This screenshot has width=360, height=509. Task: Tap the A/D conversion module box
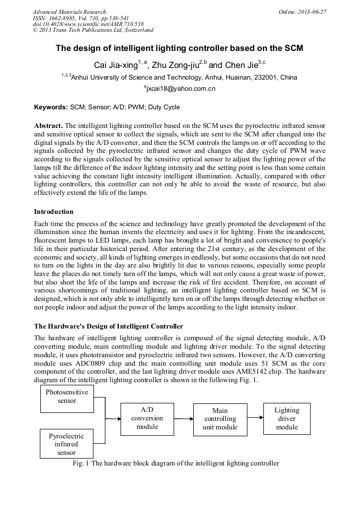point(147,418)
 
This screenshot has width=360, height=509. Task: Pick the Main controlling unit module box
point(220,419)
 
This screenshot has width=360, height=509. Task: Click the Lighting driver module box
point(287,418)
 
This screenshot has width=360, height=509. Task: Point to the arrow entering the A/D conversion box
point(113,419)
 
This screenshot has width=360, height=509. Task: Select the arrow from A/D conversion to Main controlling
point(183,419)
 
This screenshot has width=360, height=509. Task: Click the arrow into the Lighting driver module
point(255,418)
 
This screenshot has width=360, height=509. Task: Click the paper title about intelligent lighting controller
point(179,48)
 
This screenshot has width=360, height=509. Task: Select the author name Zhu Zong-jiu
point(175,65)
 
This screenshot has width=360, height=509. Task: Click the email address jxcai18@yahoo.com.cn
point(180,89)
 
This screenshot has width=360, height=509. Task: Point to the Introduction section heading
point(54,212)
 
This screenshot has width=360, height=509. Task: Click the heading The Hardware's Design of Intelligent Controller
point(108,326)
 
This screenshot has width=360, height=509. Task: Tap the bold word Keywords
point(51,107)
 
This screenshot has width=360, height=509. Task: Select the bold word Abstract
point(48,125)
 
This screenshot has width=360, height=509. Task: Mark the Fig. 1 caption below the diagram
point(176,463)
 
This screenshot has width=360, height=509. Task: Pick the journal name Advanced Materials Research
point(69,12)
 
